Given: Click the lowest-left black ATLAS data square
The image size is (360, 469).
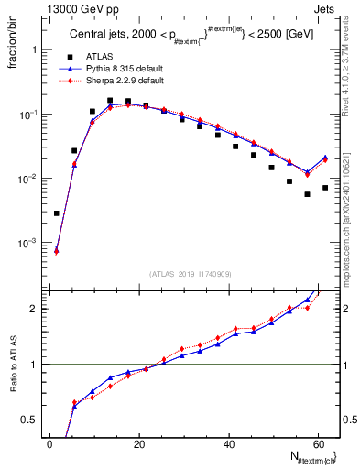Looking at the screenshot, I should click(57, 213).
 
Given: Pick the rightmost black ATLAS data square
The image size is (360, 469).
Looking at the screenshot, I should click(325, 188).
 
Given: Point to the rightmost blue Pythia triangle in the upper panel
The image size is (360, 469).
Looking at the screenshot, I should click(325, 158).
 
